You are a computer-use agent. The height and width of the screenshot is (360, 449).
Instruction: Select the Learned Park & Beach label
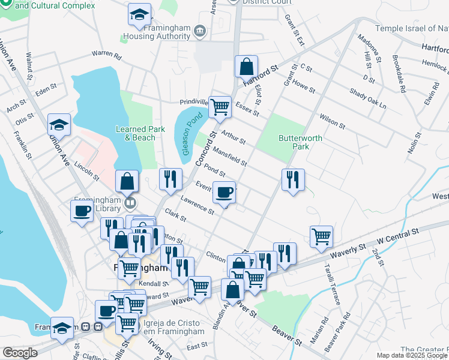(x=136, y=133)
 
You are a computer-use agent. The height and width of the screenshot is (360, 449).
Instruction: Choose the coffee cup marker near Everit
(x=224, y=193)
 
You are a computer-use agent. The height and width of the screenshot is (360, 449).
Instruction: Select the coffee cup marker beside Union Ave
(x=82, y=211)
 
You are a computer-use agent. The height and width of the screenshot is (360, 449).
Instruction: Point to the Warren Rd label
(x=106, y=55)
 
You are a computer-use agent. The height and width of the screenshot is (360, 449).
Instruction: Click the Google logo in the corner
(x=20, y=353)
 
